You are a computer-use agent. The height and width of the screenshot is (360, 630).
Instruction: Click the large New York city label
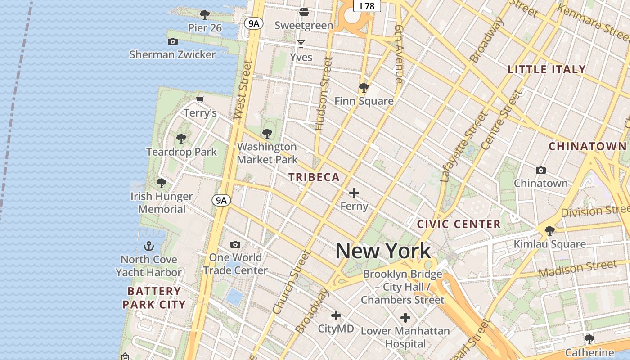[x=383, y=251]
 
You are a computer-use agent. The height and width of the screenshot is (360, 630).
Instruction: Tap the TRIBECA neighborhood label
[x=314, y=177]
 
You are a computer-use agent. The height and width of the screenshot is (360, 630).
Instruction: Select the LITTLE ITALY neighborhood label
[x=547, y=69]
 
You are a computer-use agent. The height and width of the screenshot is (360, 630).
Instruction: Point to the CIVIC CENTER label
[x=459, y=224]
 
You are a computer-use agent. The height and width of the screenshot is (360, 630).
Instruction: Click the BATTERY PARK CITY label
[x=154, y=297]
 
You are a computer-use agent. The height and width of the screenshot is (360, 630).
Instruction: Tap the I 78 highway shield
[x=367, y=6]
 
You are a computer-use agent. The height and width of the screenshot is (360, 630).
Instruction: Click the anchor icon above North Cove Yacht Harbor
[x=149, y=246]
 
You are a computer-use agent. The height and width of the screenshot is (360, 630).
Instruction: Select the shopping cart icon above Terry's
[x=200, y=99]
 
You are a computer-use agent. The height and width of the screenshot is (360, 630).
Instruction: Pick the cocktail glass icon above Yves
[x=301, y=44]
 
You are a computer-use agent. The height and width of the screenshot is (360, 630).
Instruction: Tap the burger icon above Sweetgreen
[x=304, y=12]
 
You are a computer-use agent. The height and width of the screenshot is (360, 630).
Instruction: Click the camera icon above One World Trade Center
[x=235, y=244]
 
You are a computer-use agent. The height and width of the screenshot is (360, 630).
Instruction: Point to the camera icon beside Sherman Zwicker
[x=172, y=41]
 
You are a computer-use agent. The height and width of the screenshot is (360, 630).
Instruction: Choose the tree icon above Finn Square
[x=364, y=87]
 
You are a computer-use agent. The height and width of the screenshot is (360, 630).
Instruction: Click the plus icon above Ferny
[x=354, y=193]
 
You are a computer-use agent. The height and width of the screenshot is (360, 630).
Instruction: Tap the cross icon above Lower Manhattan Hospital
[x=405, y=318]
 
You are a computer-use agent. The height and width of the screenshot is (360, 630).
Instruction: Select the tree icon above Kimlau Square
[x=549, y=231]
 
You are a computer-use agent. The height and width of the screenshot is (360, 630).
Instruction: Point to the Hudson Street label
[x=324, y=94]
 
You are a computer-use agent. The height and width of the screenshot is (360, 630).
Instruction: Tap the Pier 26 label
[x=205, y=28]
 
